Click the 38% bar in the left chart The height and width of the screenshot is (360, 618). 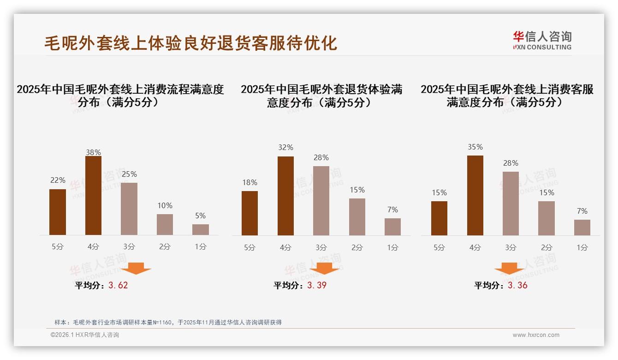point(93,196)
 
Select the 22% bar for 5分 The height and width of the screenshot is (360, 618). point(58,212)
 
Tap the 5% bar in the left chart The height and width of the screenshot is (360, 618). point(201,229)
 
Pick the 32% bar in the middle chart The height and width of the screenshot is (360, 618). point(285,196)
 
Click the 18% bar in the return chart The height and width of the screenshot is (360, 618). point(250,213)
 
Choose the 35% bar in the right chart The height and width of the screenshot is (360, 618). point(475,195)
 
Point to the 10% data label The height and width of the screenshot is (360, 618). point(165,205)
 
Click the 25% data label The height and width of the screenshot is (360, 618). point(129,174)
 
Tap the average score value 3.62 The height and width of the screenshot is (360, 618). point(118,285)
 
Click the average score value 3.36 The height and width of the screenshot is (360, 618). point(517,285)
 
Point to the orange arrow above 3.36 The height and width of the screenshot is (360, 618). point(509,268)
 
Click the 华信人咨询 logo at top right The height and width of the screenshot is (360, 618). point(542,40)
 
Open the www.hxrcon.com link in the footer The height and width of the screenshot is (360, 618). point(536,335)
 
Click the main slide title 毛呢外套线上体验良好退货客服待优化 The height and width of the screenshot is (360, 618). point(190,43)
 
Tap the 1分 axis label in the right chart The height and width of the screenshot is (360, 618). point(582,247)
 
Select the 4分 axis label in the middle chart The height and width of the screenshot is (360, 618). point(285,247)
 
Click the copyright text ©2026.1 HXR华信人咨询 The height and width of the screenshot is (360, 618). point(84,335)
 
